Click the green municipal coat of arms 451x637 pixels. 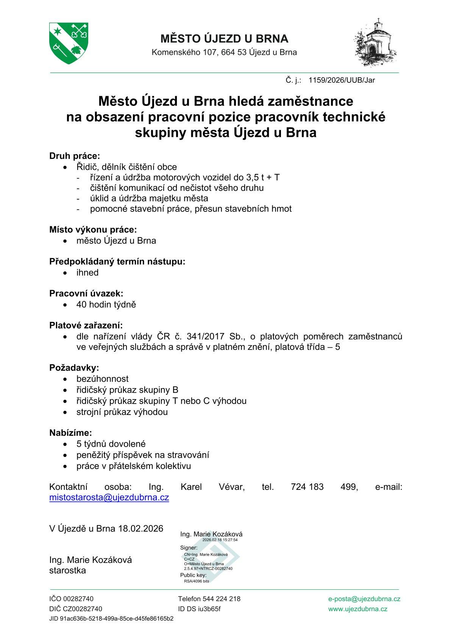pos(69,43)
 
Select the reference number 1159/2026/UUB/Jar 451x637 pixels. pos(342,80)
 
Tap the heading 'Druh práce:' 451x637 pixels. pos(75,156)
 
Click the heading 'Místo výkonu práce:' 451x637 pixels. pos(93,230)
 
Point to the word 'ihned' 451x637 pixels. pos(87,273)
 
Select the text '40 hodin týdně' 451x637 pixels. pos(106,305)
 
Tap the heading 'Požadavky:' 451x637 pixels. pos(74,368)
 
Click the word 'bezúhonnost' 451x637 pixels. pos(102,379)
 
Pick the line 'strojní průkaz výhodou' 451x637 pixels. pos(122,412)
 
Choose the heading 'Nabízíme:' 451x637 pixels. pos(71,433)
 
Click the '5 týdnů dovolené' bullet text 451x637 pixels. pos(111,444)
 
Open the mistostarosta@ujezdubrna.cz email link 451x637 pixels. pos(109,497)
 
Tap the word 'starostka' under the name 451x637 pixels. pos(67,570)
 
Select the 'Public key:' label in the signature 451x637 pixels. pos(194,575)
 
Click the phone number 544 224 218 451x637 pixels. pos(222,599)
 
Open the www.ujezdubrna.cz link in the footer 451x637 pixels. pos(358,609)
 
